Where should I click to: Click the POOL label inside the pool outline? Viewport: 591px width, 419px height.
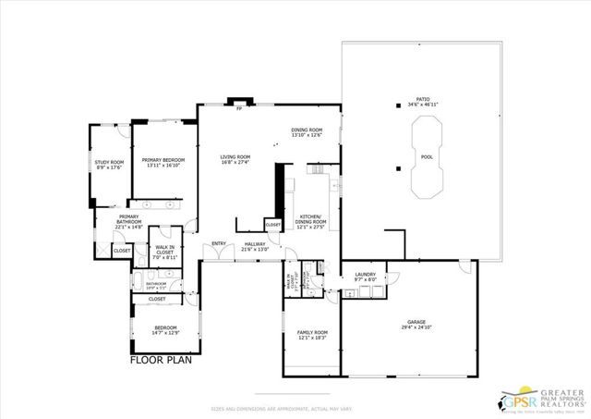[427, 157]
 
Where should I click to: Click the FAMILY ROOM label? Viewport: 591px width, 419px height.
[311, 334]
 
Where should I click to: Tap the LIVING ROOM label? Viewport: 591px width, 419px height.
[235, 159]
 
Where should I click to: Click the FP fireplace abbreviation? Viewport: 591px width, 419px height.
[238, 109]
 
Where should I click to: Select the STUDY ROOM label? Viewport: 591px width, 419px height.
[109, 165]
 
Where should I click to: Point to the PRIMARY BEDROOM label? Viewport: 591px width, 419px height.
[163, 162]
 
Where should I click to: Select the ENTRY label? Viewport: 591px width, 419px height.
[219, 244]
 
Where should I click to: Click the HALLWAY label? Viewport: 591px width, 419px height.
[255, 246]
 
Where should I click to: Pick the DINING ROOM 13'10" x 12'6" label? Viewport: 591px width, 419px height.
[307, 132]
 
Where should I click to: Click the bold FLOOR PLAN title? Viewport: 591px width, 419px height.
[160, 361]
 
